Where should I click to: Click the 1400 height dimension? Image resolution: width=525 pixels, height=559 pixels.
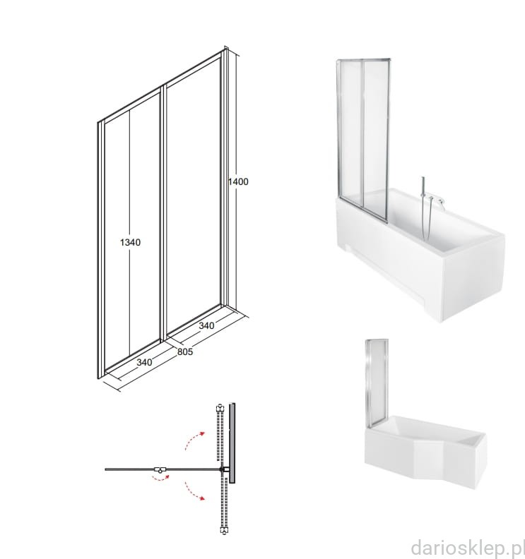pyautogui.click(x=238, y=182)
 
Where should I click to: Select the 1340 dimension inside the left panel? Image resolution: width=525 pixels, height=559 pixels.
pyautogui.click(x=130, y=242)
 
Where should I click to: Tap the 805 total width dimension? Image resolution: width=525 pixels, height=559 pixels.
pyautogui.click(x=185, y=352)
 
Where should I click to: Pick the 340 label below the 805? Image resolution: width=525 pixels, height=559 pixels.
pyautogui.click(x=144, y=362)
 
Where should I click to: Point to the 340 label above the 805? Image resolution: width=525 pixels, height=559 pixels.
pyautogui.click(x=206, y=325)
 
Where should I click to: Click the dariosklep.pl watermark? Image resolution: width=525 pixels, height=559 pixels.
pyautogui.click(x=468, y=547)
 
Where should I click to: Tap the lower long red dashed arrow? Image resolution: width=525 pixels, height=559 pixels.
pyautogui.click(x=194, y=491)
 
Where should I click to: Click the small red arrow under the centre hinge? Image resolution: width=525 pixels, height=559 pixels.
pyautogui.click(x=160, y=477)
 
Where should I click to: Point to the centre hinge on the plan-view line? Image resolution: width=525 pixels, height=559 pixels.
pyautogui.click(x=160, y=469)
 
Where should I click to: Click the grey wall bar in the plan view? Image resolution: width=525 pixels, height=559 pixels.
pyautogui.click(x=232, y=443)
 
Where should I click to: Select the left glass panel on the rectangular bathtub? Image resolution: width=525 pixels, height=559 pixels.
pyautogui.click(x=350, y=132)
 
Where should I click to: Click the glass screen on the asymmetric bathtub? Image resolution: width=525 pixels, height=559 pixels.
pyautogui.click(x=376, y=383)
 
